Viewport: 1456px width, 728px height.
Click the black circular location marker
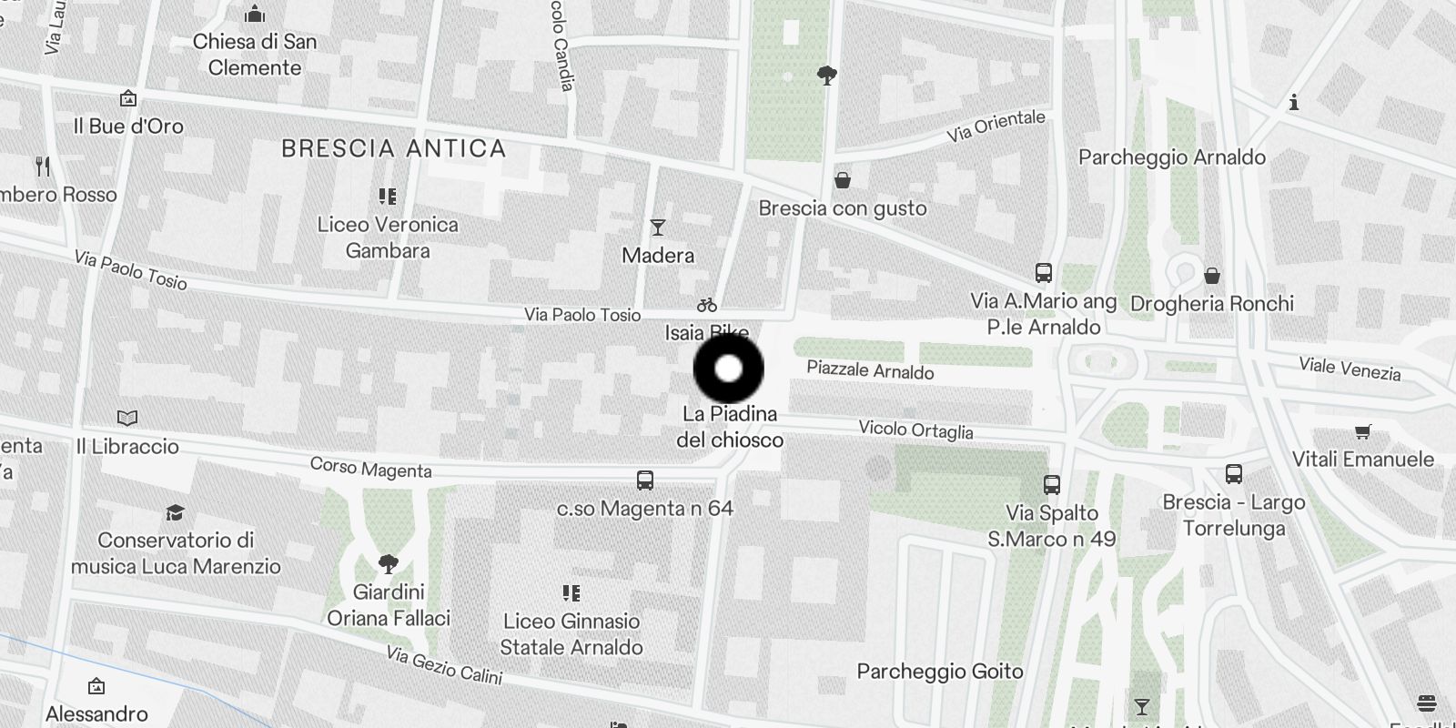point(728,369)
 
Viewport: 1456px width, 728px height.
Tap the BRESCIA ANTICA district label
point(393,148)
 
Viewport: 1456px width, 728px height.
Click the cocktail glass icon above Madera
point(658,227)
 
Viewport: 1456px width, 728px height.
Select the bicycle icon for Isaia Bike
point(707,305)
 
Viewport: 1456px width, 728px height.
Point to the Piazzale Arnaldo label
point(870,370)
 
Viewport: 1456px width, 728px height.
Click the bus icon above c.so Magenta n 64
point(645,480)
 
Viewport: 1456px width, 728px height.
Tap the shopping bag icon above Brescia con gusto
point(843,180)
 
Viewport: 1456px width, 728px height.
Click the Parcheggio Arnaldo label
point(1171,157)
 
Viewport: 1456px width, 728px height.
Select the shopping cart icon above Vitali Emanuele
point(1362,431)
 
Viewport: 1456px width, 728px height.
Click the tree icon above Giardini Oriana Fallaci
point(389,564)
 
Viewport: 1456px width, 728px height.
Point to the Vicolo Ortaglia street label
point(915,430)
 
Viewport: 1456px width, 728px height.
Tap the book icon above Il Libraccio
point(127,419)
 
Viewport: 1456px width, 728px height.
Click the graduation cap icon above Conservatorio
point(175,513)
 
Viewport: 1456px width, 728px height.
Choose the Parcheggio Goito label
point(940,672)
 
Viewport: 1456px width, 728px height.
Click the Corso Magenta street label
point(370,468)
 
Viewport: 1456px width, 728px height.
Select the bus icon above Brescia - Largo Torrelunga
point(1234,474)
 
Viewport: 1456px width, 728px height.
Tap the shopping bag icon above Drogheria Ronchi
point(1212,276)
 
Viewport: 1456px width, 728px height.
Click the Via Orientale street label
point(996,126)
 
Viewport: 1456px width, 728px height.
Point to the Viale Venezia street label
point(1350,369)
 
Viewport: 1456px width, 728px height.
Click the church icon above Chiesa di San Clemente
point(255,15)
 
